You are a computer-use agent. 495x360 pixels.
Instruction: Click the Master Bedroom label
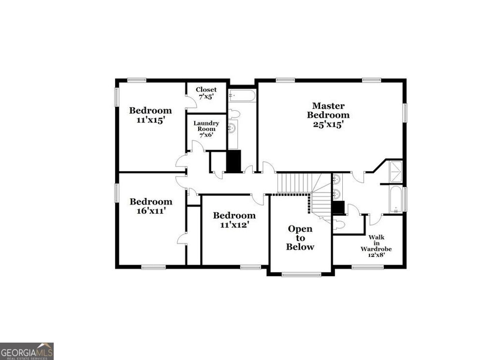(x=328, y=110)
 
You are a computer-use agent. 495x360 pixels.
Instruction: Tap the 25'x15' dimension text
(x=328, y=124)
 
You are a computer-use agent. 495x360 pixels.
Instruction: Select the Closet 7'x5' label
(x=206, y=93)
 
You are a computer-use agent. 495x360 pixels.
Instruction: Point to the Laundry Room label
(x=206, y=126)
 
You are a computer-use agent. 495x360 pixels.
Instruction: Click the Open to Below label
(x=300, y=238)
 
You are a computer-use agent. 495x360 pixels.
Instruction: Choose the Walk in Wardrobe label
(x=376, y=246)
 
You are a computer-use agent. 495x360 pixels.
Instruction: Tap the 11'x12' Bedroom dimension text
(x=234, y=225)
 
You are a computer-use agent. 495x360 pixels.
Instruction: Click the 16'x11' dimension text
(x=150, y=211)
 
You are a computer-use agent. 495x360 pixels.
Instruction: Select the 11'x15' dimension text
(x=150, y=120)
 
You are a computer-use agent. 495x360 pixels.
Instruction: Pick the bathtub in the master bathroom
(x=396, y=199)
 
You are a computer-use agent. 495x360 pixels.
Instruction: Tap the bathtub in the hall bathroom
(x=242, y=95)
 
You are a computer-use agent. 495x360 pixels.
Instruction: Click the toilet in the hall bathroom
(x=234, y=114)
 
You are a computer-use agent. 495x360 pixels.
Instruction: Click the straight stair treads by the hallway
(x=293, y=183)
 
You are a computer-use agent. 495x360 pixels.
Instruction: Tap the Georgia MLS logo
(x=27, y=351)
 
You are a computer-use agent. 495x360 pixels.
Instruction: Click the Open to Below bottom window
(x=301, y=274)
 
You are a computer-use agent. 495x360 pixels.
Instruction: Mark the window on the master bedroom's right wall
(x=405, y=112)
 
